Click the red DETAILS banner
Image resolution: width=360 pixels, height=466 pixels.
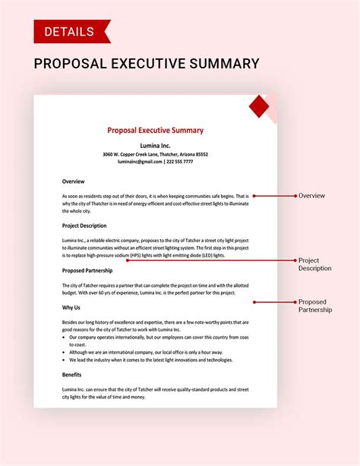click(71, 31)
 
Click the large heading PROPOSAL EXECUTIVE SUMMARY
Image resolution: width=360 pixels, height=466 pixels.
click(147, 63)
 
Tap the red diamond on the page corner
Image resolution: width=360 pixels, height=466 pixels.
click(260, 106)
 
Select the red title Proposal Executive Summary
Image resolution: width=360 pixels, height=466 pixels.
click(155, 131)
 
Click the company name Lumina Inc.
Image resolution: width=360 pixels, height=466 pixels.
click(155, 144)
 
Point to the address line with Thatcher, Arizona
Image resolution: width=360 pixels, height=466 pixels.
click(155, 154)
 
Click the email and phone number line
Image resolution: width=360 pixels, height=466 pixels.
click(155, 162)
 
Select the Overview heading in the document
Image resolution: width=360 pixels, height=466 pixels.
click(73, 181)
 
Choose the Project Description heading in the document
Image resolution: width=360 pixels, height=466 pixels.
click(84, 225)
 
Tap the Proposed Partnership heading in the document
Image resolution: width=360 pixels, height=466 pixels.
click(87, 269)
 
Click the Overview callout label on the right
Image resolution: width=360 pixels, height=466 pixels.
click(311, 196)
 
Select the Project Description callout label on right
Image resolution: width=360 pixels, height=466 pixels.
click(314, 264)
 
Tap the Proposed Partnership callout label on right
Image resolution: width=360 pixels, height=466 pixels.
click(314, 306)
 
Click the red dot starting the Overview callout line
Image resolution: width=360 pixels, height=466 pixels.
click(254, 196)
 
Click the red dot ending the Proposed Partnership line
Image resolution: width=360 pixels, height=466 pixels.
click(254, 302)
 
